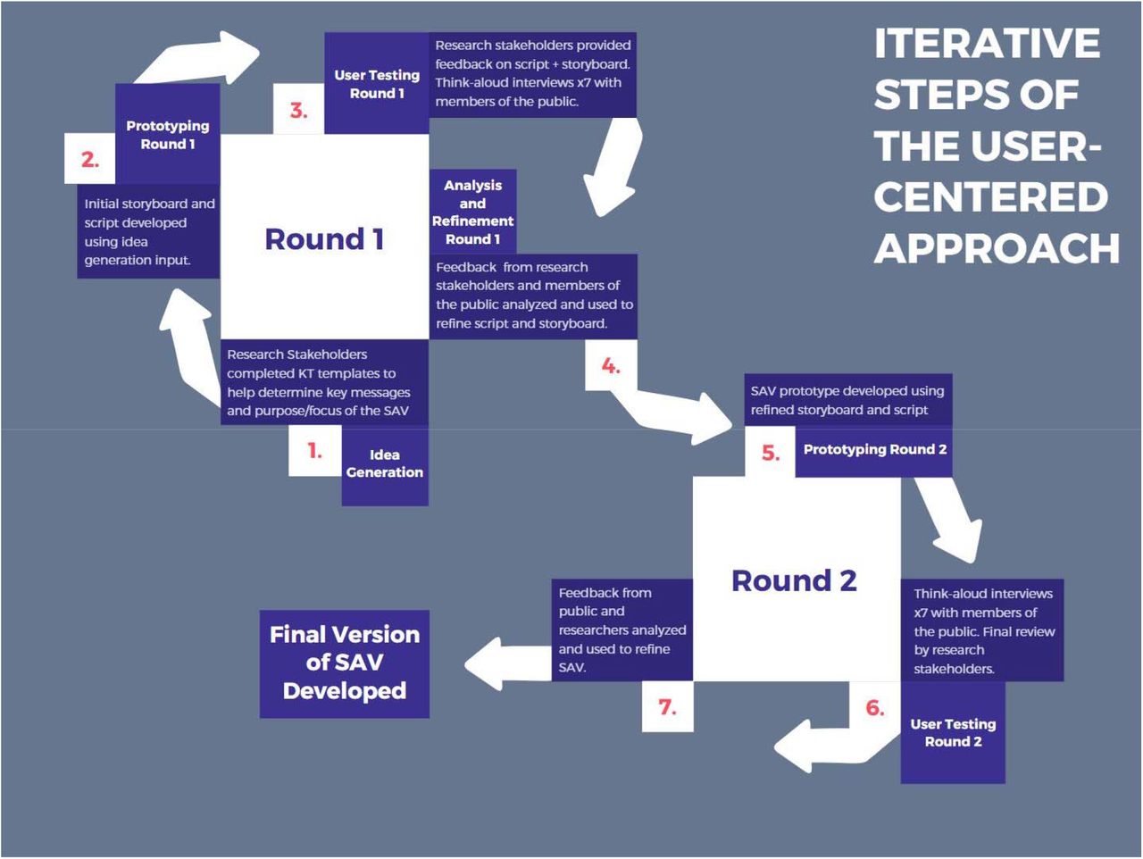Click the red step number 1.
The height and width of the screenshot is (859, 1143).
click(x=314, y=450)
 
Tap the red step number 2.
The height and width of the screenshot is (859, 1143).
click(x=89, y=159)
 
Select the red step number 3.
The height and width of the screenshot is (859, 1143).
click(x=298, y=111)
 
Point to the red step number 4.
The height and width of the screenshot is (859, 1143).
click(x=611, y=366)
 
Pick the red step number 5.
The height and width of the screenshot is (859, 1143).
click(x=770, y=453)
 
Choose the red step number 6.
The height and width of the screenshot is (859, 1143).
click(x=875, y=707)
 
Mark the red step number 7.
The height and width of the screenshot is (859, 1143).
click(x=667, y=707)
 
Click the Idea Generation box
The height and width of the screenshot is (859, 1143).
click(x=385, y=465)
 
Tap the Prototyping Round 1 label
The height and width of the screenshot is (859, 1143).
click(x=168, y=135)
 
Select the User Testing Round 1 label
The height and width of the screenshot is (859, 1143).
click(x=377, y=84)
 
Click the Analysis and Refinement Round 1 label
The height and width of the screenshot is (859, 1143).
click(x=472, y=212)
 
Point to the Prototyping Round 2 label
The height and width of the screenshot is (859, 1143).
click(x=875, y=449)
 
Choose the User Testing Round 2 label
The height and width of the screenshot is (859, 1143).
click(x=953, y=732)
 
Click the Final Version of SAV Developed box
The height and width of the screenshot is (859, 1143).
click(x=345, y=663)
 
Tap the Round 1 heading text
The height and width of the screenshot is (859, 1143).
click(x=324, y=239)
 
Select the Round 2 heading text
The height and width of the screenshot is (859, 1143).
click(x=794, y=580)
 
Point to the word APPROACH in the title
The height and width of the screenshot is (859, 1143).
click(x=997, y=248)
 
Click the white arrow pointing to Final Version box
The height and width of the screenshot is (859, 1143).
click(x=508, y=663)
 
